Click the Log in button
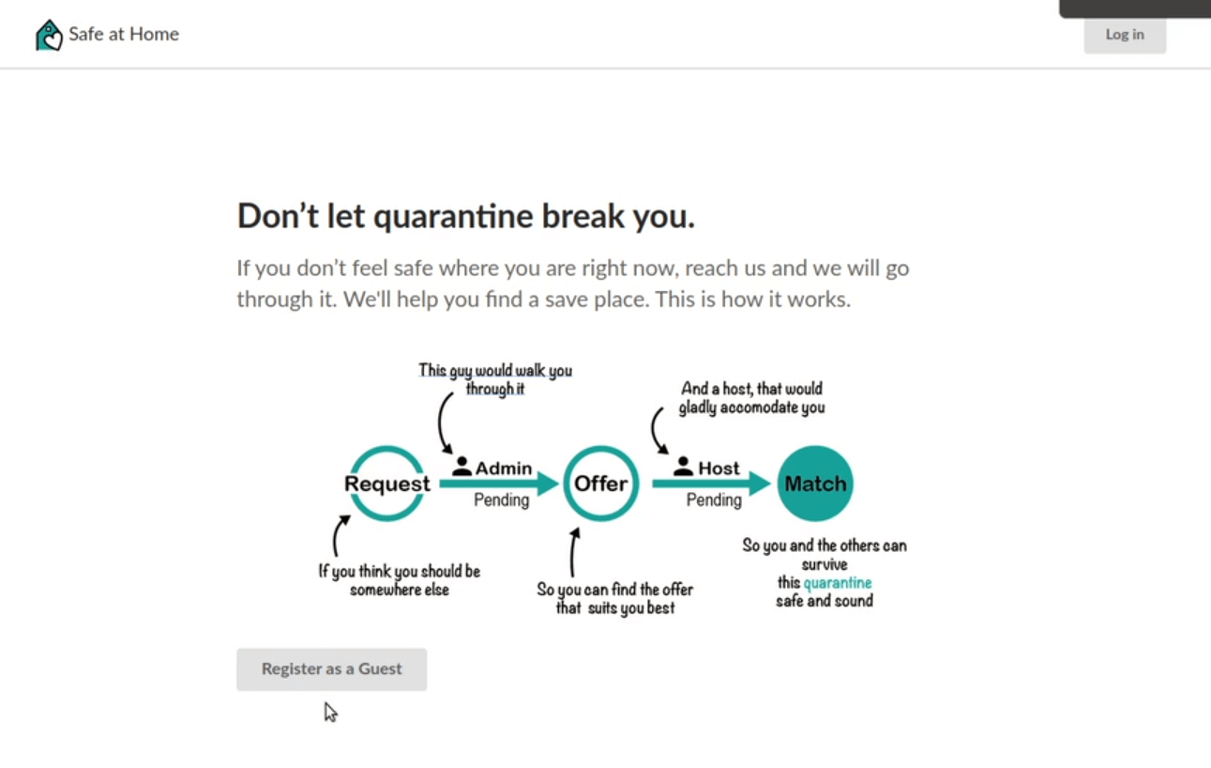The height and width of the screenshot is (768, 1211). (1125, 35)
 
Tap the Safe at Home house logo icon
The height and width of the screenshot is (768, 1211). (49, 35)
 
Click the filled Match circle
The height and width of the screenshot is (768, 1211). (815, 484)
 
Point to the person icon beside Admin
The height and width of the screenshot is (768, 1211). (462, 467)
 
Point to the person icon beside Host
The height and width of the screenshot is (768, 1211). (683, 467)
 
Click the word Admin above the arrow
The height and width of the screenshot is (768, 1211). (504, 468)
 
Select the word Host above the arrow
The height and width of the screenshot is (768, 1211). (719, 468)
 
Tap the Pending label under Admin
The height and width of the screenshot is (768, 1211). (501, 500)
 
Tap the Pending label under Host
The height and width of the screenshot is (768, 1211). (714, 500)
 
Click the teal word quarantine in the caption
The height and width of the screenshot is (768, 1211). (838, 583)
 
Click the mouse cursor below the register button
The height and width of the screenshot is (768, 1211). (330, 713)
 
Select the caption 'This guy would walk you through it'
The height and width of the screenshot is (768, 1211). (495, 379)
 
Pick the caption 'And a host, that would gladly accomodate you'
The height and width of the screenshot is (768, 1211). (752, 398)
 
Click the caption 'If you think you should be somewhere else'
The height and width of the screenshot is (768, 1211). (399, 580)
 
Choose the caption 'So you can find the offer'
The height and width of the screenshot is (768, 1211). (614, 590)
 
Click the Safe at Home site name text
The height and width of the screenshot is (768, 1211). (124, 34)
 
